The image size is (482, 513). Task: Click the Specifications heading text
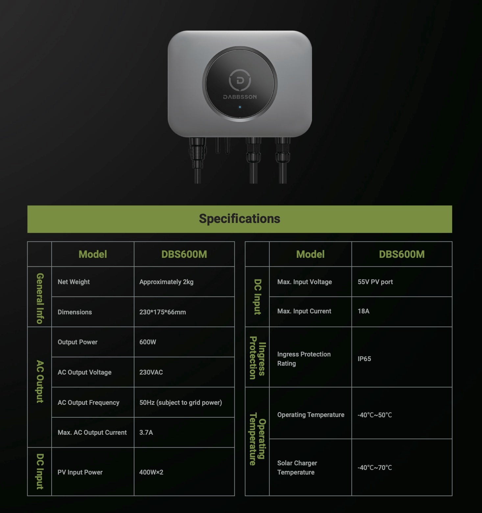point(239,219)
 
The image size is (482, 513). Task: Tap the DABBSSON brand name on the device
point(240,97)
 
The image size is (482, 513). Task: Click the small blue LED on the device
point(240,107)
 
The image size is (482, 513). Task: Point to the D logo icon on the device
point(240,80)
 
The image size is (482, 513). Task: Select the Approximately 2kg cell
point(166,282)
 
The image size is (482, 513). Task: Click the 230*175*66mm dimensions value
point(162,312)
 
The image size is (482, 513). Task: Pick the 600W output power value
point(148,342)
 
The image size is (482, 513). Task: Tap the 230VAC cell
point(151,372)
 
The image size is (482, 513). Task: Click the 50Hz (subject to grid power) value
point(181,403)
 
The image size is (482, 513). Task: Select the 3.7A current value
point(146,432)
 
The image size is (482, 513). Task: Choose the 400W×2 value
point(151,472)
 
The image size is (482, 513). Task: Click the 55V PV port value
point(375,282)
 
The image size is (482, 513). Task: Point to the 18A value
point(363,311)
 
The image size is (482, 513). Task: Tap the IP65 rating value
point(364,359)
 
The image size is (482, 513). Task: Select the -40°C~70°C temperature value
point(375,468)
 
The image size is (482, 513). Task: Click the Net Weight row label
point(74,282)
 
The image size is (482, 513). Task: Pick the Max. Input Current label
point(304,311)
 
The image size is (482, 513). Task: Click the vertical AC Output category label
point(40,381)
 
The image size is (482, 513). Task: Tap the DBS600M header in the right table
point(402,254)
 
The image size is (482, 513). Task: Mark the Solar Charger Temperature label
point(297,468)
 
